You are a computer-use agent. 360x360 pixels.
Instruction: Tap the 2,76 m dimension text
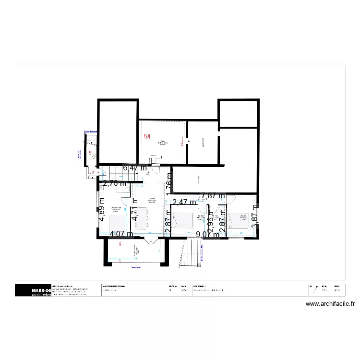click(x=115, y=183)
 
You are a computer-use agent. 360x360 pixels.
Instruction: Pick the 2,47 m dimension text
click(x=184, y=202)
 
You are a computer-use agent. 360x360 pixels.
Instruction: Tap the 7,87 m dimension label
click(x=213, y=195)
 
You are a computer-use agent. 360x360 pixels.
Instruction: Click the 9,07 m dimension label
click(x=207, y=235)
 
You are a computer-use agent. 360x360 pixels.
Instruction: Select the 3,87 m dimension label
click(x=255, y=213)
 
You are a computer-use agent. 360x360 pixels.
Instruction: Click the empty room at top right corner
click(x=239, y=113)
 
